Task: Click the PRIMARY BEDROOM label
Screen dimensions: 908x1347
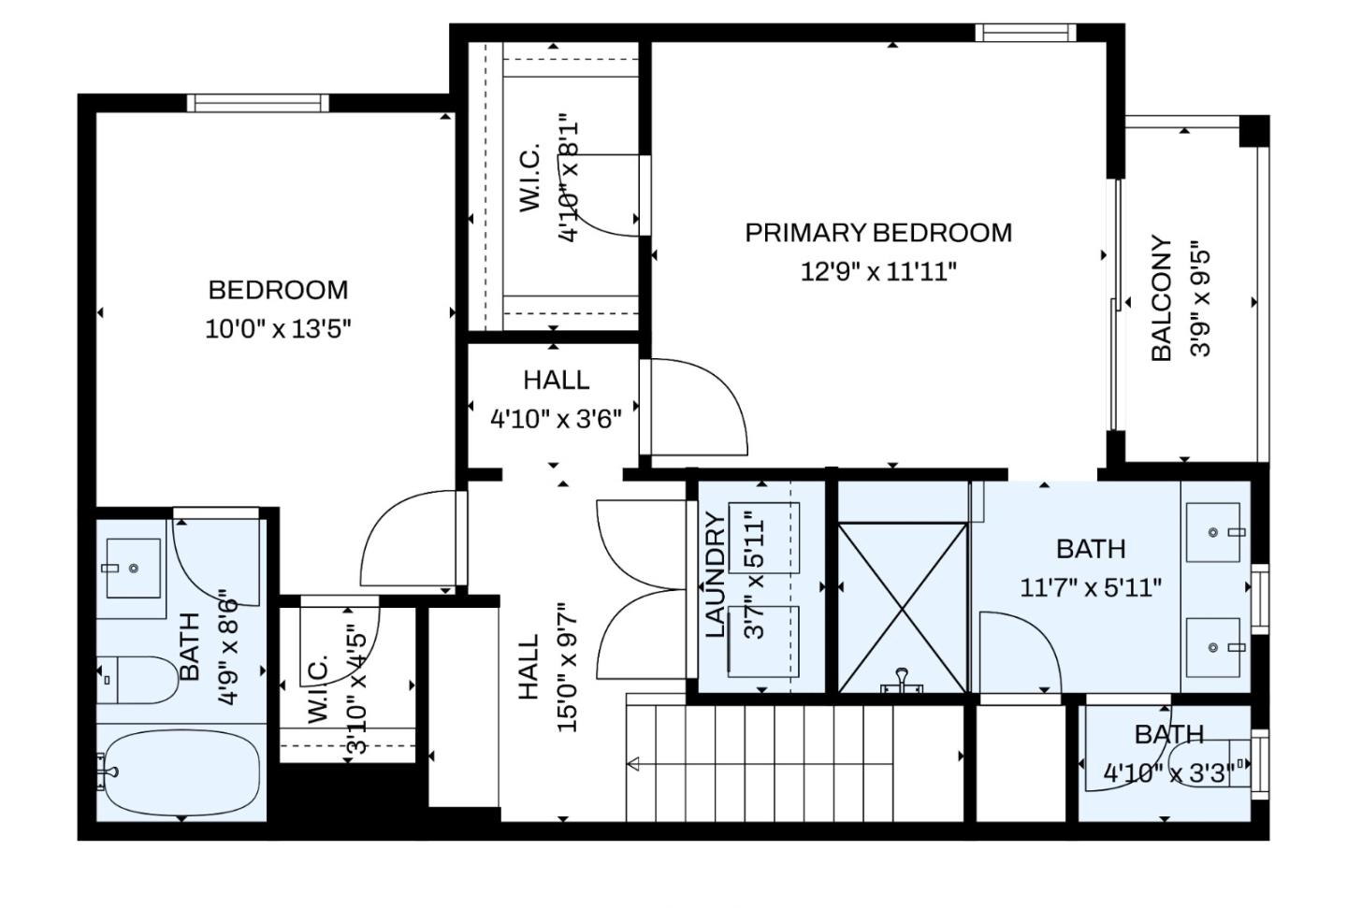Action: coord(877,233)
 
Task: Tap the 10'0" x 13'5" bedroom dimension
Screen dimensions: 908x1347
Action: coord(278,329)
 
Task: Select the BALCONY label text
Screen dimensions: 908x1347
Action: coord(1161,297)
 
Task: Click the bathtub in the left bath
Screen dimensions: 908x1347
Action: coord(181,772)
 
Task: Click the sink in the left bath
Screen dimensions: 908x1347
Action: coord(133,568)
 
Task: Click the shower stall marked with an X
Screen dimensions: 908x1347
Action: coord(902,608)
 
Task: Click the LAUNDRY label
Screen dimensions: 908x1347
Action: coord(716,575)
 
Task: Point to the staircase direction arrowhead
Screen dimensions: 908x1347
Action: coord(633,765)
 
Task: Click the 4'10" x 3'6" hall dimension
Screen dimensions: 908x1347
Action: coord(556,418)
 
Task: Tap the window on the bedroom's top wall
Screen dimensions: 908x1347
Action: coord(256,103)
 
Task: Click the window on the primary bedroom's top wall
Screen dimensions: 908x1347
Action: coord(1025,34)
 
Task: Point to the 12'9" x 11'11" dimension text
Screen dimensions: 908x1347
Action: coord(877,272)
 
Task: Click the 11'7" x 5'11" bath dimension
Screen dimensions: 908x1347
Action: coord(1090,588)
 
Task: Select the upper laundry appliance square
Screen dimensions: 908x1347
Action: coord(764,538)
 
